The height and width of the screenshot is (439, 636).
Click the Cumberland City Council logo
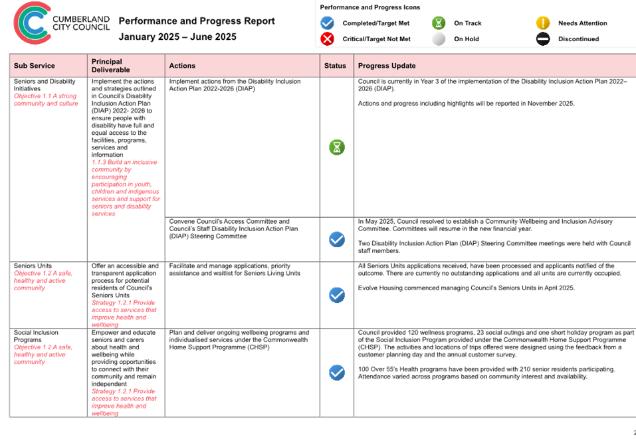pos(61,23)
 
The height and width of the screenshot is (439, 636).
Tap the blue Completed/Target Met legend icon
pos(327,23)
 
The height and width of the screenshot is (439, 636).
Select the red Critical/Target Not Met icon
pos(327,39)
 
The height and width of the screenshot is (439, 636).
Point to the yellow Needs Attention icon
pos(543,23)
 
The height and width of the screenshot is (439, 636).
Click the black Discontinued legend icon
pos(543,39)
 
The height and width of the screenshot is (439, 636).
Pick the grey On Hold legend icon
pos(439,39)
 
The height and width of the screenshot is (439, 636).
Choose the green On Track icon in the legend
pos(439,23)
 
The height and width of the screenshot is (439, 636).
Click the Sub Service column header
pos(34,66)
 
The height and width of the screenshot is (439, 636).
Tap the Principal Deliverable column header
pos(111,66)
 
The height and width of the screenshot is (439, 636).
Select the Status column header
pos(335,66)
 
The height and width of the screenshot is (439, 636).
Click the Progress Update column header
pos(387,66)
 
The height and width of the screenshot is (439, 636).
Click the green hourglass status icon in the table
pos(337,147)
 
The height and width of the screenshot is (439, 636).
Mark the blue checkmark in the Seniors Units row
pos(337,295)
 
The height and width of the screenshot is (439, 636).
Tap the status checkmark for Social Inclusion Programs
pos(337,373)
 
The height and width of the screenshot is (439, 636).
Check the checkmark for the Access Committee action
pos(337,239)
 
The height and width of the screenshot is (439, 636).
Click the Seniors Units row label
pos(33,266)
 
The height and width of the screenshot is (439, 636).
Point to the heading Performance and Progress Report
pos(197,21)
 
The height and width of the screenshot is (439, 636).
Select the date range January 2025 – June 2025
pos(177,37)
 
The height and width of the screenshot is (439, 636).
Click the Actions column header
pos(182,66)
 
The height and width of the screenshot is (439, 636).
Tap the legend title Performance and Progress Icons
pos(370,7)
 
